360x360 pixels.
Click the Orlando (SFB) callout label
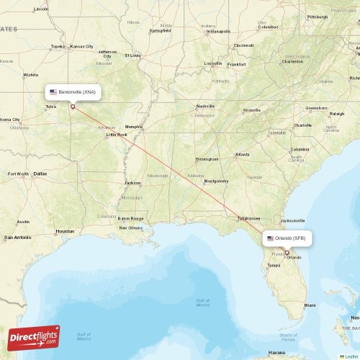pyautogui.click(x=287, y=238)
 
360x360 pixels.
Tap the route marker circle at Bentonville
pyautogui.click(x=73, y=107)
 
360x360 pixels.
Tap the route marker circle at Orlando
pyautogui.click(x=287, y=253)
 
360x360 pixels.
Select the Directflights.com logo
pyautogui.click(x=34, y=337)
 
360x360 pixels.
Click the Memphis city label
pyautogui.click(x=134, y=127)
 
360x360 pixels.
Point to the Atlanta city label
pyautogui.click(x=242, y=154)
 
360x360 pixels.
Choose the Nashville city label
pyautogui.click(x=206, y=106)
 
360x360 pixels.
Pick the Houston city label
pyautogui.click(x=65, y=231)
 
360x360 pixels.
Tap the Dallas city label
pyautogui.click(x=39, y=174)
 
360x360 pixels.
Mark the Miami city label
pyautogui.click(x=310, y=305)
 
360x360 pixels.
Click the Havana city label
pyautogui.click(x=276, y=353)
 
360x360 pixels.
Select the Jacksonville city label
pyautogui.click(x=292, y=220)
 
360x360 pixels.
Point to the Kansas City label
pyautogui.click(x=83, y=46)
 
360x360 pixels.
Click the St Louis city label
pyautogui.click(x=133, y=55)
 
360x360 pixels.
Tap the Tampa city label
pyautogui.click(x=274, y=265)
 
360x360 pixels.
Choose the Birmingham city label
pyautogui.click(x=207, y=159)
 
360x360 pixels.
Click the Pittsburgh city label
pyautogui.click(x=317, y=17)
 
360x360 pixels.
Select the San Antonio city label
pyautogui.click(x=17, y=237)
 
